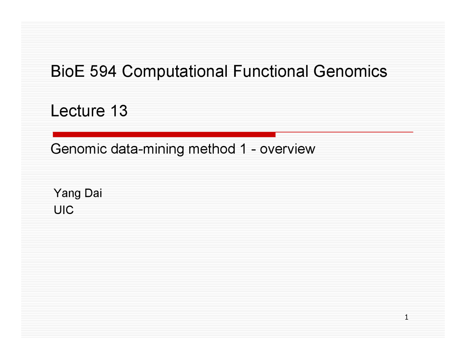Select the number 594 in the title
[103, 71]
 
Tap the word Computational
[175, 72]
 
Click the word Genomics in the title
[350, 71]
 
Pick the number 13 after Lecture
[119, 111]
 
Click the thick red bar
[164, 134]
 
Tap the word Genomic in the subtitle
[79, 149]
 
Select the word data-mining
[147, 149]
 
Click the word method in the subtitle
[212, 149]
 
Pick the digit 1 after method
[244, 149]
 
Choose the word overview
[287, 149]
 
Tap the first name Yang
[67, 193]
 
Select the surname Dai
[93, 193]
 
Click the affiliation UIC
[64, 210]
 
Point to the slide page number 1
[406, 317]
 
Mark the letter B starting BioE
[55, 71]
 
